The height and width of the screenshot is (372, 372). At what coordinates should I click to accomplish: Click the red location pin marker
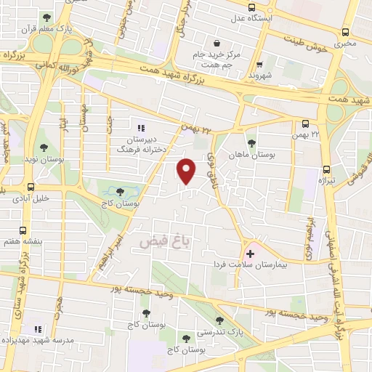click(187, 171)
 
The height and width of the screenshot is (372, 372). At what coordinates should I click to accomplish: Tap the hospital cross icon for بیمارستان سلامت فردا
click(251, 254)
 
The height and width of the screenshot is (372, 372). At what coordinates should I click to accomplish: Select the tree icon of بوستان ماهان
click(251, 144)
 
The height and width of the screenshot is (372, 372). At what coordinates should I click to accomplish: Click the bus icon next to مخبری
click(346, 31)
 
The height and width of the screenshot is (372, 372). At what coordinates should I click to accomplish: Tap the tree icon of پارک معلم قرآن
click(47, 17)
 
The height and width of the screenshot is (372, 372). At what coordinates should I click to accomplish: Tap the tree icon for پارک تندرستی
click(219, 320)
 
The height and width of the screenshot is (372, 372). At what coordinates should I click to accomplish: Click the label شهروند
click(259, 74)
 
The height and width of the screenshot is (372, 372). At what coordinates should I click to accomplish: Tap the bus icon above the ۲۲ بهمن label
click(306, 124)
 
